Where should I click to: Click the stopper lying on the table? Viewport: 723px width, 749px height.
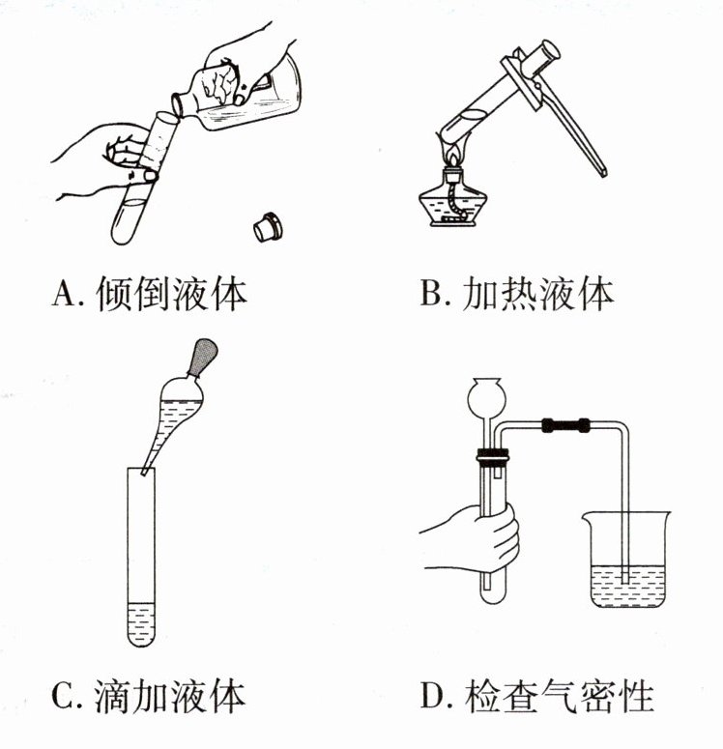tap(266, 227)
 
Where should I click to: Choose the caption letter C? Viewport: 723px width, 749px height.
tap(63, 694)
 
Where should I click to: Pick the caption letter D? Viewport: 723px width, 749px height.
tap(432, 694)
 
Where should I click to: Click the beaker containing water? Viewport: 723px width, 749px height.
tap(624, 565)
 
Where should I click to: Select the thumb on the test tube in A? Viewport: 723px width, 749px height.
tap(145, 175)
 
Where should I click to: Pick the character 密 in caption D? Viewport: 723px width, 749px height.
tap(600, 694)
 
